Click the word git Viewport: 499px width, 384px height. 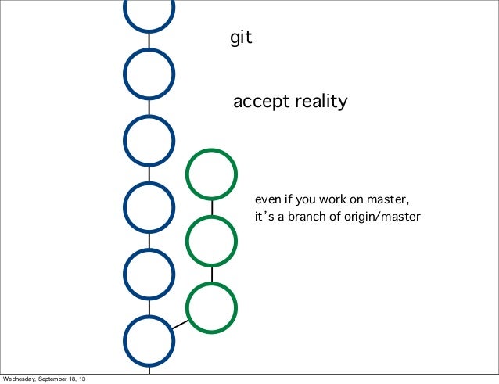[x=241, y=38]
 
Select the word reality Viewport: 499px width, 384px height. [x=321, y=102]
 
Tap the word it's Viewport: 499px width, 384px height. [x=263, y=216]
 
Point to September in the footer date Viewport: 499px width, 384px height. [x=58, y=379]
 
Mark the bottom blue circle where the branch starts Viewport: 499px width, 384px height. [x=149, y=341]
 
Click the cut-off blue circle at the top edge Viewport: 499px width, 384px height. [x=149, y=11]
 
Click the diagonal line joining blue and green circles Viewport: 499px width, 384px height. [x=181, y=325]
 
